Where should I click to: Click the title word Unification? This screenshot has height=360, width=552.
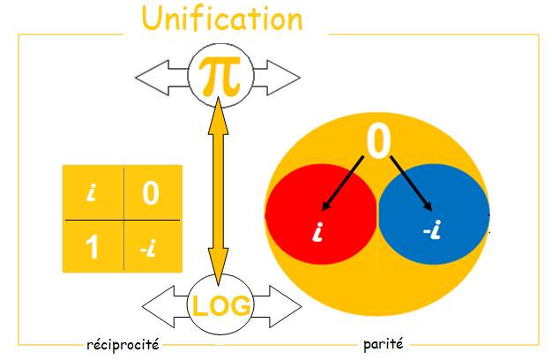click(x=222, y=19)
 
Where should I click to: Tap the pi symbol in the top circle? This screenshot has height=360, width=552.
click(x=220, y=77)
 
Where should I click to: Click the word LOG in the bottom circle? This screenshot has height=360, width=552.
click(x=221, y=306)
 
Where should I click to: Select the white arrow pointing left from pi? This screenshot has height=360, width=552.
click(x=162, y=78)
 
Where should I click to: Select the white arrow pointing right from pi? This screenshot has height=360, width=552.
click(x=277, y=78)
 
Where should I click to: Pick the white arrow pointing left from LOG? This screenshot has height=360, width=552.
click(x=166, y=307)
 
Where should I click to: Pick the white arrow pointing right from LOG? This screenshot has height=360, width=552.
click(x=277, y=307)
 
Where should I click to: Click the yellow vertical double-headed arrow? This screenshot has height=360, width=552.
click(x=219, y=191)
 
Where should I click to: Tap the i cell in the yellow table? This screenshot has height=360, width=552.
click(x=93, y=192)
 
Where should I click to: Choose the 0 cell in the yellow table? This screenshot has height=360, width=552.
click(x=153, y=192)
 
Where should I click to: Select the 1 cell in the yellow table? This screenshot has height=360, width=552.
click(x=93, y=246)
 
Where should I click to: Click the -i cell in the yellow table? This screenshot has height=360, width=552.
click(x=153, y=246)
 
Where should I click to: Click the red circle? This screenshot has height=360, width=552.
click(x=321, y=214)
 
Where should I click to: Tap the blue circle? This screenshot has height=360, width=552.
click(x=434, y=214)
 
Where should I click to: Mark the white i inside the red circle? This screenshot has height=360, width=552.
click(x=318, y=231)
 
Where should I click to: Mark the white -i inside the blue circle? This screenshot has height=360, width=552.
click(x=432, y=229)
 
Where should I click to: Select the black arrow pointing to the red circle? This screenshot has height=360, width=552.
click(x=342, y=184)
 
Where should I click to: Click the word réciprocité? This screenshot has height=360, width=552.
click(x=123, y=344)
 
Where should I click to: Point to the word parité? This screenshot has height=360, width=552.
click(x=384, y=343)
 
